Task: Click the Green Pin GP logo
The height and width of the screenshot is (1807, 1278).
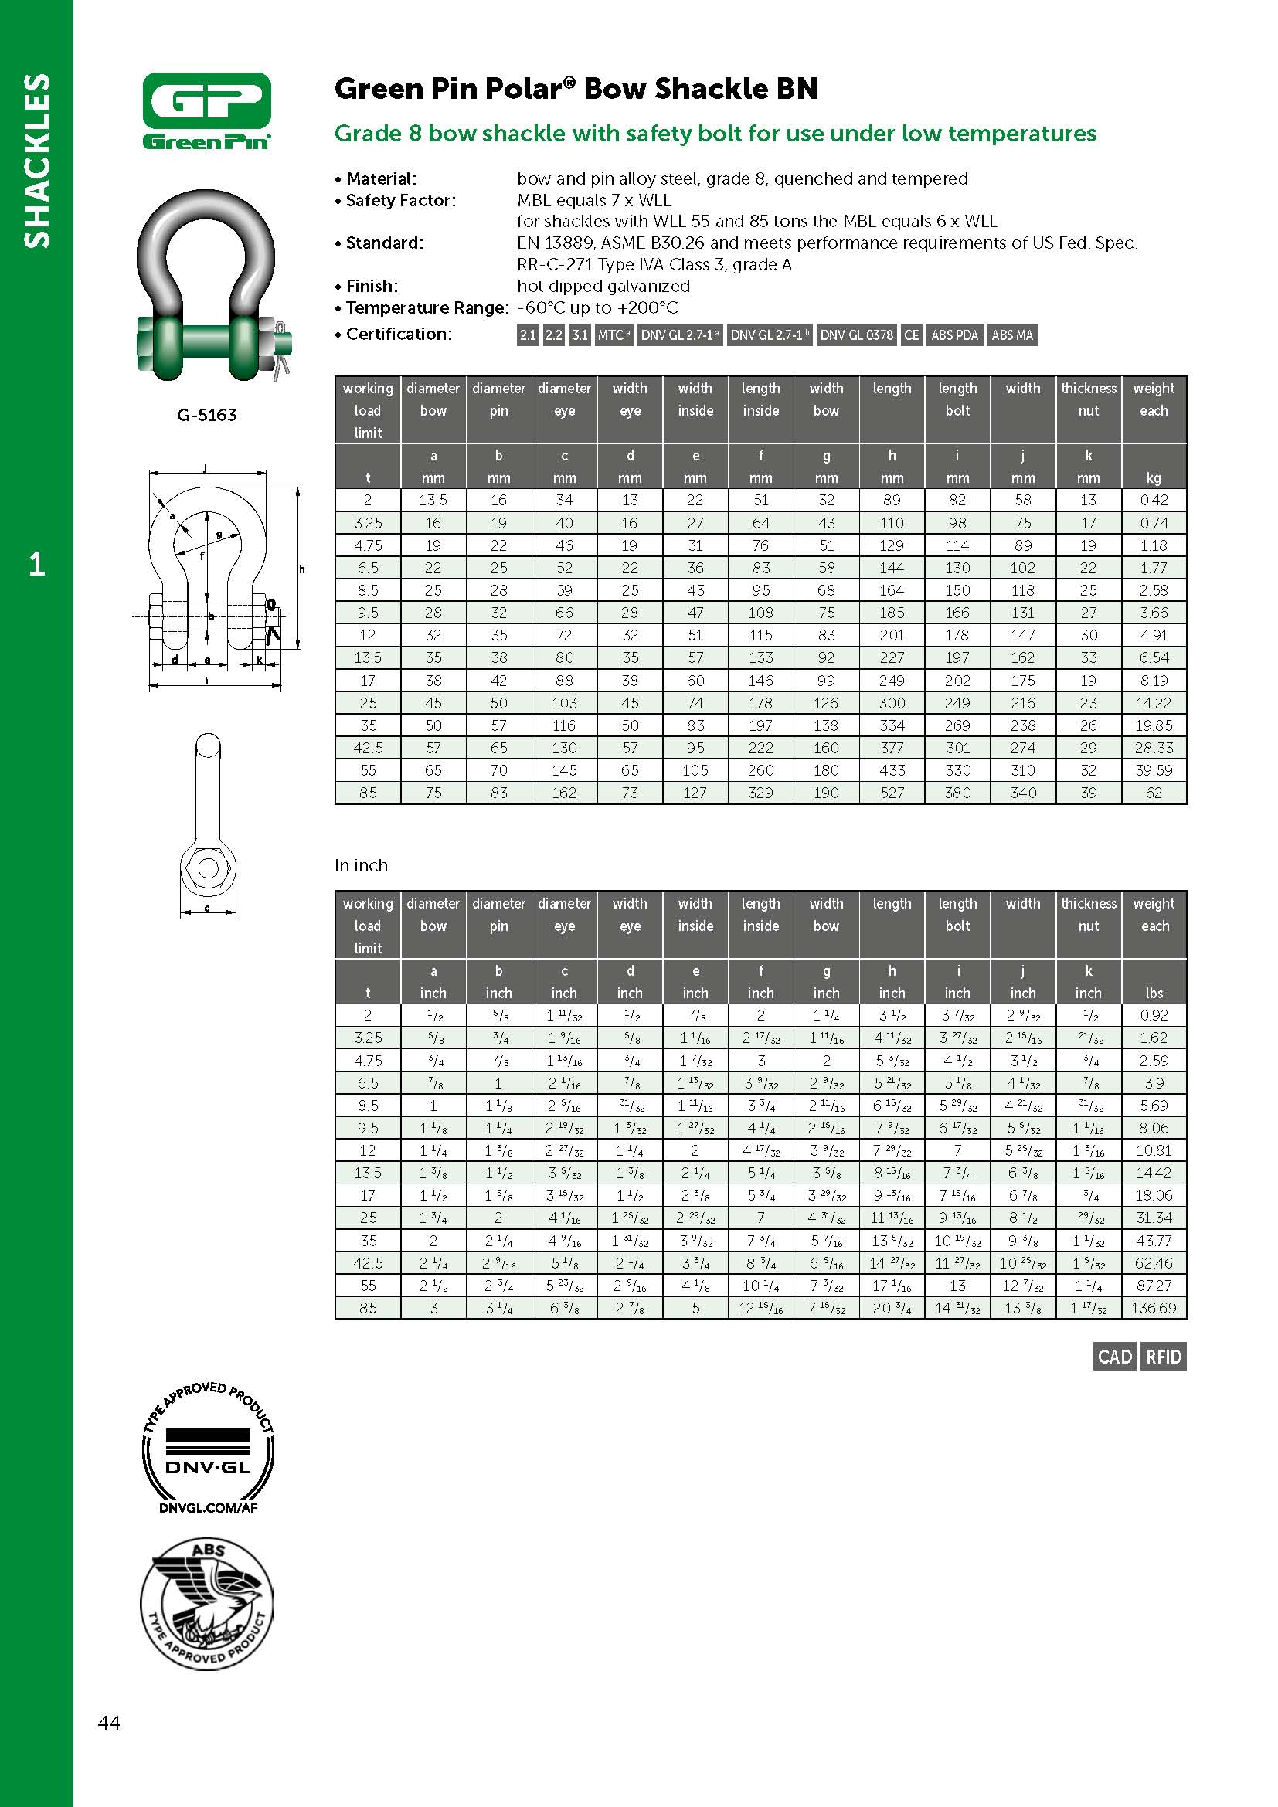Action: point(207,110)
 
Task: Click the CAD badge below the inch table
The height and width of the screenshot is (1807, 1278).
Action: point(1114,1357)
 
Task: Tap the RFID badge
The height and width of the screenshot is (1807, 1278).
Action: point(1164,1357)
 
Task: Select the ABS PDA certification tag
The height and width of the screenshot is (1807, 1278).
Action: point(953,335)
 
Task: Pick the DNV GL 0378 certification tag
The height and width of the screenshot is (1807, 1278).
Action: point(856,335)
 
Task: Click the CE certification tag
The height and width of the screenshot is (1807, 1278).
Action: point(911,335)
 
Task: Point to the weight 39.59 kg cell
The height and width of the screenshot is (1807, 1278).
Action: point(1154,770)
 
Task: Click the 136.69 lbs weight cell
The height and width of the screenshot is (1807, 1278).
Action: point(1154,1308)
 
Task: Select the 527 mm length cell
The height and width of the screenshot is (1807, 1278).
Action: point(892,793)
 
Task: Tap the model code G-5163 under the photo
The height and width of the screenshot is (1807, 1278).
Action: point(207,415)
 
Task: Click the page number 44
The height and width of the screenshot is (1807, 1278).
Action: point(110,1723)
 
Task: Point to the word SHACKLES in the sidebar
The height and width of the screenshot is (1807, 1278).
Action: point(37,161)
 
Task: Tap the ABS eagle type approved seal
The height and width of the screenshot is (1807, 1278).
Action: point(207,1604)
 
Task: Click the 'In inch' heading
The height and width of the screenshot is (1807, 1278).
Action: point(361,866)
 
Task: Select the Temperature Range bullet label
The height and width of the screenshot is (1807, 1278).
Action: point(427,308)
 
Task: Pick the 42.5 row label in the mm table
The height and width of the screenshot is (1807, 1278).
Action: point(368,748)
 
